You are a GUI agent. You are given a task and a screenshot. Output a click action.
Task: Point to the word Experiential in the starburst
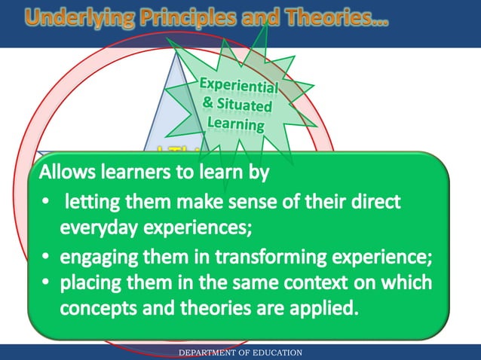coord(238,88)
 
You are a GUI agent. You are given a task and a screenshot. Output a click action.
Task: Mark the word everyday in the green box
coord(97,226)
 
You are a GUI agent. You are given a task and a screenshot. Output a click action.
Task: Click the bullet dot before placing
coord(46,285)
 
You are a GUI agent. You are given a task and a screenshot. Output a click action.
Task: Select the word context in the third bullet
coord(315,284)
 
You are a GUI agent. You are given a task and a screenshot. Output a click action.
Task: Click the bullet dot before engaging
coord(46,258)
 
